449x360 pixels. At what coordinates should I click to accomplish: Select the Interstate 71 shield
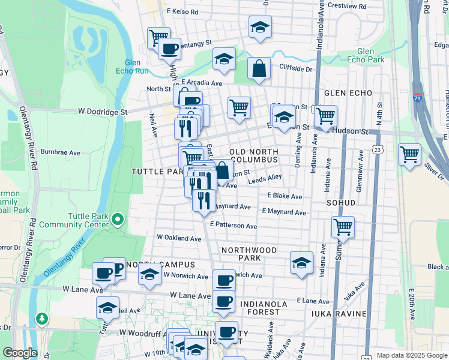tap(418, 97)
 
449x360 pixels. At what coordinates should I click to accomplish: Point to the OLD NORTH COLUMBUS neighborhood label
tap(253, 155)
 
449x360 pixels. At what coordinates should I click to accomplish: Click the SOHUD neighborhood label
tap(341, 203)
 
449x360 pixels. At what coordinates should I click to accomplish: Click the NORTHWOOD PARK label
tap(249, 254)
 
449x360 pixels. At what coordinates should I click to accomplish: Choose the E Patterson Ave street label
tap(234, 226)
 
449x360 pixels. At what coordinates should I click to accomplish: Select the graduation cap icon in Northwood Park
tap(301, 262)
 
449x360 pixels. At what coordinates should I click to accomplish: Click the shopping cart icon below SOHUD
tap(343, 227)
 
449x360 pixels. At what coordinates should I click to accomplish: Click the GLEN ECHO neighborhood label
tap(348, 93)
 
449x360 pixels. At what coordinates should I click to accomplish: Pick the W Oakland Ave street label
tap(179, 238)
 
